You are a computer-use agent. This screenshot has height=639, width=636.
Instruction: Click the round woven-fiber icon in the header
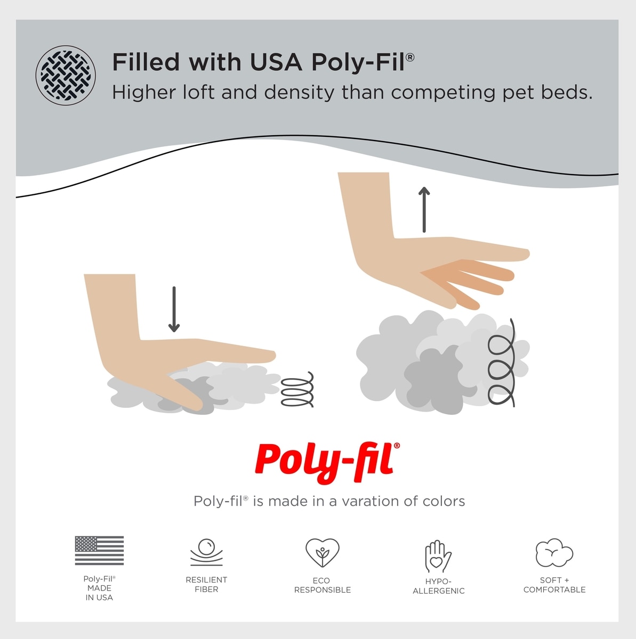click(x=66, y=75)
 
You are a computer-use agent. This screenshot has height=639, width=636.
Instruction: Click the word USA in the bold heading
click(x=276, y=62)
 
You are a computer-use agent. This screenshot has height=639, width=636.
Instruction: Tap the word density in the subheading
click(x=299, y=93)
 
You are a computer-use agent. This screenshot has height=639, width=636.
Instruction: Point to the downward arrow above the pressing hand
click(x=174, y=309)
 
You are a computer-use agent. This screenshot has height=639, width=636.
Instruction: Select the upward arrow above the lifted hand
click(x=424, y=210)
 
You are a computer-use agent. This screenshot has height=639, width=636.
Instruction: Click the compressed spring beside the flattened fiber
click(x=297, y=389)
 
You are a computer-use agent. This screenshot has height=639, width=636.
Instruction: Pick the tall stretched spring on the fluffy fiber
click(x=502, y=363)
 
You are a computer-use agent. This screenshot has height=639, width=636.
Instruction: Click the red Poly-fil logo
click(x=327, y=463)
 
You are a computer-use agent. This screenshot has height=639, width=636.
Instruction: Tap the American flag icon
click(x=99, y=551)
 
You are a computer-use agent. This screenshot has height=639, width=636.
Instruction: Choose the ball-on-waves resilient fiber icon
click(x=206, y=552)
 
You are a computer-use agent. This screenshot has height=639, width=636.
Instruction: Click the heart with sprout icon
click(x=322, y=553)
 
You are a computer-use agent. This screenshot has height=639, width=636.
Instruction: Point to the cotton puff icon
click(x=554, y=553)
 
